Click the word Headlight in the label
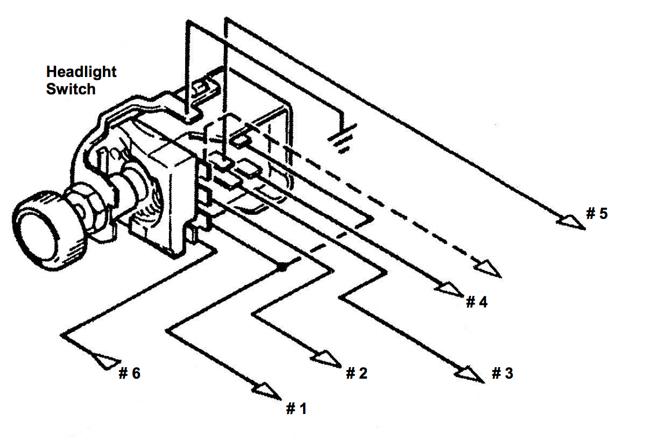(x=81, y=72)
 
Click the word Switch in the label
(x=71, y=89)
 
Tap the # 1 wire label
(x=297, y=408)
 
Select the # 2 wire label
(x=357, y=373)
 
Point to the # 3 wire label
(x=502, y=373)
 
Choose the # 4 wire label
(x=477, y=302)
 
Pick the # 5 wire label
(x=597, y=213)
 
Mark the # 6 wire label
(x=130, y=373)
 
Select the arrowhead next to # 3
(x=471, y=373)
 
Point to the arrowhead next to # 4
(x=450, y=289)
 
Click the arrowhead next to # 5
(x=571, y=222)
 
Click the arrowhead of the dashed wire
(x=487, y=269)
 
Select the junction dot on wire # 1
(x=283, y=266)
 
